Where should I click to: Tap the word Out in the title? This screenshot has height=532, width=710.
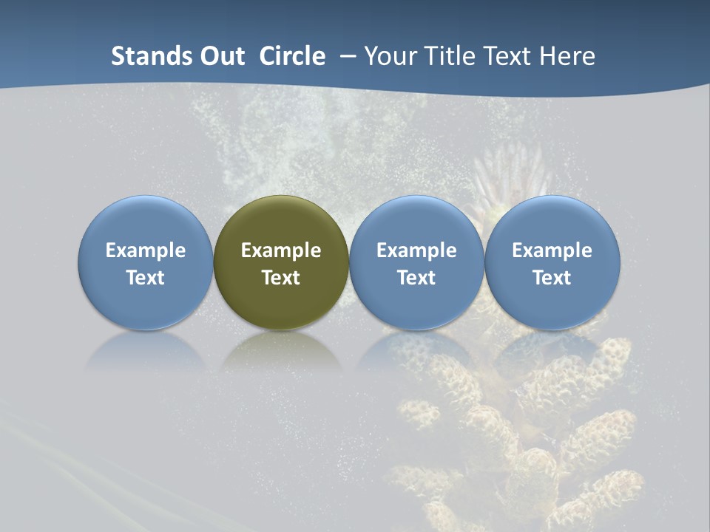pos(223,56)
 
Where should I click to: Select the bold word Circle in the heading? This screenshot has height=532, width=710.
pos(292,56)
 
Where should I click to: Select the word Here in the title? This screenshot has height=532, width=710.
pos(567,56)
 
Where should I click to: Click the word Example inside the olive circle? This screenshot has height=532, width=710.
pos(281,250)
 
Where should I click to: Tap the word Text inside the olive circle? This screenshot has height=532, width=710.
pos(281,278)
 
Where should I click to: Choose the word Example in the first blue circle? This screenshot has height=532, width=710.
pos(146,250)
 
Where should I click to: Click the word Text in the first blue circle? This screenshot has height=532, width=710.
pos(146,278)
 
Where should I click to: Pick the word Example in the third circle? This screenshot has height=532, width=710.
pos(416,250)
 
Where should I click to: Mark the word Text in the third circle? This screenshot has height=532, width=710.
pos(416,278)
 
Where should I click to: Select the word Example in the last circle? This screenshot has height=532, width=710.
pos(552,250)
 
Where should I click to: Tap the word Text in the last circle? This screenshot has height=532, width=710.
pos(552,278)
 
